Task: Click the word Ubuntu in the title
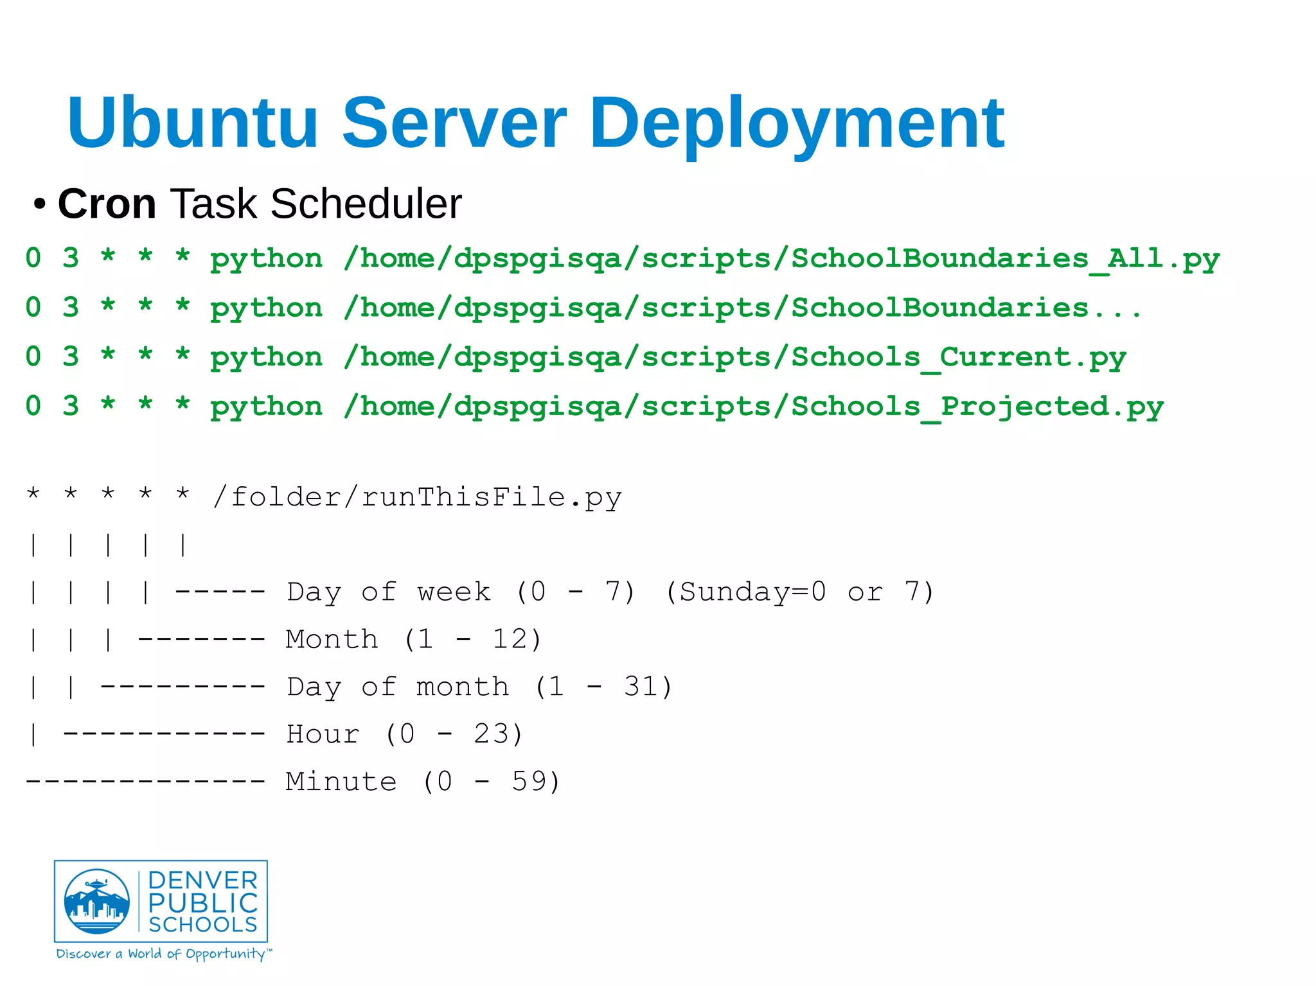(193, 122)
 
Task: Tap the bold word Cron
(107, 204)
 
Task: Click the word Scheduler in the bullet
(366, 204)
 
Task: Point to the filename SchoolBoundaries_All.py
(1005, 259)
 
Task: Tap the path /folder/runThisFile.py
(417, 498)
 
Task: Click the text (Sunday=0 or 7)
(799, 592)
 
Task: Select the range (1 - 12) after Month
(473, 639)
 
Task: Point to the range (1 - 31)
(603, 687)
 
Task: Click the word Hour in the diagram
(323, 734)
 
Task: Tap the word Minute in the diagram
(341, 782)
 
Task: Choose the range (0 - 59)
(491, 782)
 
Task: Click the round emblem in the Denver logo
(97, 901)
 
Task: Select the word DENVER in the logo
(202, 881)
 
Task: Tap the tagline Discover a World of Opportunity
(164, 954)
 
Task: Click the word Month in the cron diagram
(332, 639)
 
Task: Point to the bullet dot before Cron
(40, 205)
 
